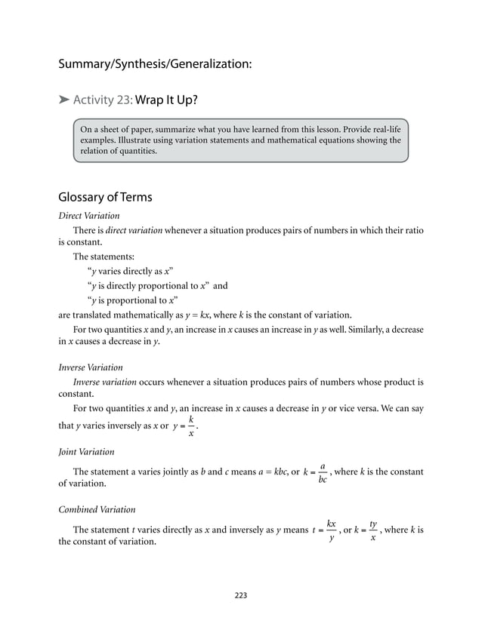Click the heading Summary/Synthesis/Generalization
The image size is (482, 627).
(155, 65)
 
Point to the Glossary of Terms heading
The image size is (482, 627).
(105, 198)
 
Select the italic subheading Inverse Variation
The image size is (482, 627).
(91, 368)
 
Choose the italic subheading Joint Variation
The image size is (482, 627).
(86, 452)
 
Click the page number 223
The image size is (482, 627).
(241, 595)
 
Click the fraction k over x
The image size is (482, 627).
(191, 426)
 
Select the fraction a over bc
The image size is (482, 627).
(323, 473)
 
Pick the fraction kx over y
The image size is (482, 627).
(332, 530)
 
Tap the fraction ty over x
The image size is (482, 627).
(373, 530)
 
